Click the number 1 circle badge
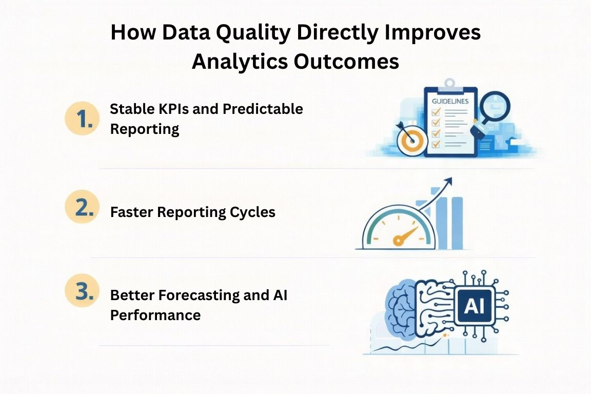coord(82,119)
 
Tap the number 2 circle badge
coord(82,207)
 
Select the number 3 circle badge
coord(82,290)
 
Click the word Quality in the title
coord(253,33)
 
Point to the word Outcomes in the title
coord(346,61)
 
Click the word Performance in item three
coord(155,315)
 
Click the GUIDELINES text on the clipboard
coord(450,102)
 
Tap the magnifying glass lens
coord(495,106)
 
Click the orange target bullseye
coord(412,142)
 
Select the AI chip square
coord(474,305)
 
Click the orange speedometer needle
coord(404,237)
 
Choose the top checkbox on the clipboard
coord(436,112)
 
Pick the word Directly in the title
coord(337,33)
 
